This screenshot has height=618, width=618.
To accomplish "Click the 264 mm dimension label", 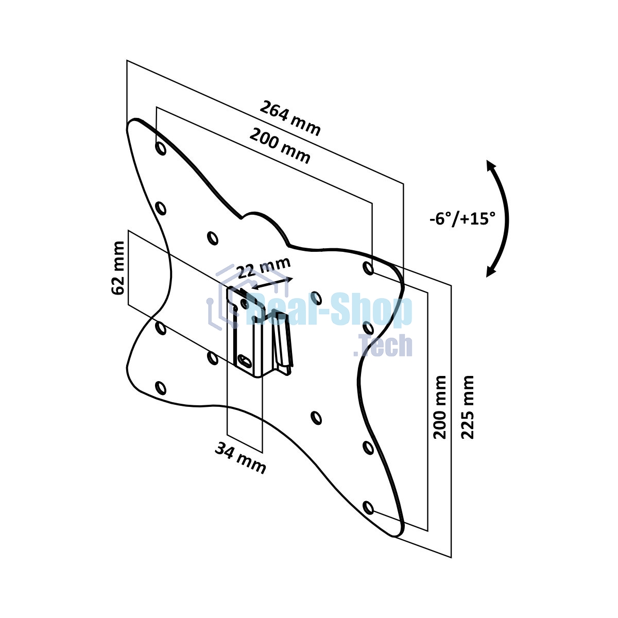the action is point(289,118).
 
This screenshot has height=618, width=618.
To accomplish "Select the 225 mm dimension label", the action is point(467,407).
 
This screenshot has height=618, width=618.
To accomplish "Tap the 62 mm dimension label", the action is point(117,268).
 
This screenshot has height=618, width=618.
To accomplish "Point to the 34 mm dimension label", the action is point(240,457).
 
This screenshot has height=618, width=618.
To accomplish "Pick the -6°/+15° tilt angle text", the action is point(462,219).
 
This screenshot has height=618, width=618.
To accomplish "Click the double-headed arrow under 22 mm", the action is point(272,283).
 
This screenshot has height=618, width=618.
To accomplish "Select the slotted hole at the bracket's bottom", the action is point(245,359).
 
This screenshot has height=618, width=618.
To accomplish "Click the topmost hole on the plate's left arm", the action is point(160,148).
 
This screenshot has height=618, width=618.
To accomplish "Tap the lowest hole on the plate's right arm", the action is point(368,508).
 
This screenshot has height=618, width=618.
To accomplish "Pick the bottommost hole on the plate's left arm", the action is point(160,388).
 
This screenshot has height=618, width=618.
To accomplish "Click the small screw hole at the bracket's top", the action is point(244,303).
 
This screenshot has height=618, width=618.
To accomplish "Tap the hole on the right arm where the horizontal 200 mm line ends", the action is point(368,268).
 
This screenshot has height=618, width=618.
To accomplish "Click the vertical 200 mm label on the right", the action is point(440,407).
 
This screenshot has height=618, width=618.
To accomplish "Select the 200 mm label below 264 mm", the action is point(280,146).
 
